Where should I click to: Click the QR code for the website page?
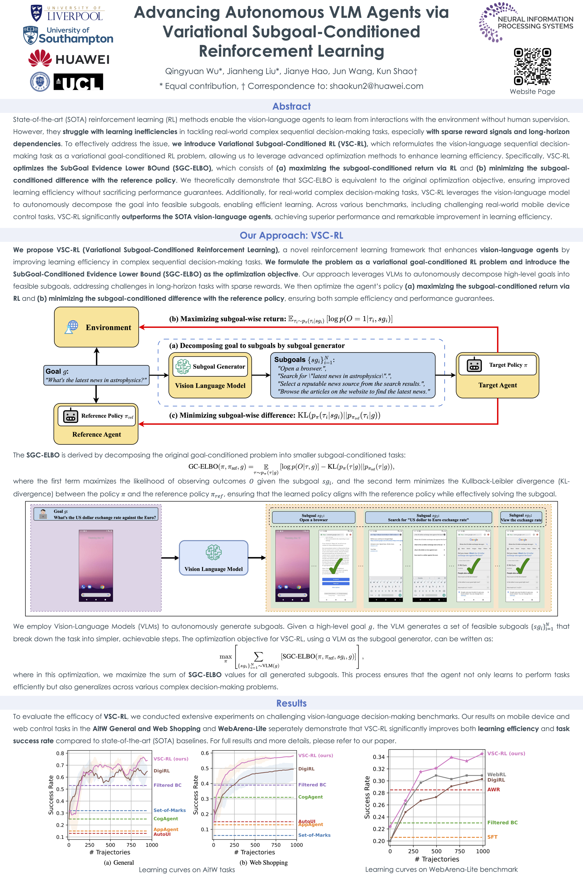532,67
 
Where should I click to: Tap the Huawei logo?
69,59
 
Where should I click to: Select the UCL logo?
78,82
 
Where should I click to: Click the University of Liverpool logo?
67,13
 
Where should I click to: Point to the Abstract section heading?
291,106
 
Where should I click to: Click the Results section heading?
291,703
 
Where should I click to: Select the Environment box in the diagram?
97,327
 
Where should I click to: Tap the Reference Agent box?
96,424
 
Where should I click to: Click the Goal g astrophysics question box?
96,375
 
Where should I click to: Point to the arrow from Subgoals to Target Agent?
445,375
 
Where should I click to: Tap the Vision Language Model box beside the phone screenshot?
213,558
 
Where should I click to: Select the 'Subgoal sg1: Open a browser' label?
313,517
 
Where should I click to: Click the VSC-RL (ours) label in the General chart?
171,759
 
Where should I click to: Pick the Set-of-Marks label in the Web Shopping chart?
314,835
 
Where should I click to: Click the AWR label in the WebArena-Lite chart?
493,789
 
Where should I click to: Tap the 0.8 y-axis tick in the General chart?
60,753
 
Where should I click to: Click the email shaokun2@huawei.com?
376,86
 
